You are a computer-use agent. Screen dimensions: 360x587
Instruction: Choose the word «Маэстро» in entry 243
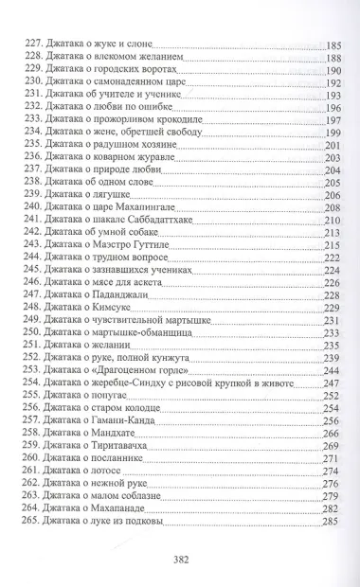coord(119,254)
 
